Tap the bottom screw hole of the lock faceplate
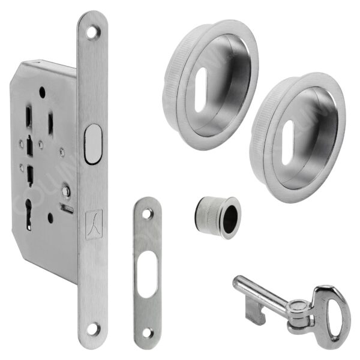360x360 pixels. (x=92, y=328)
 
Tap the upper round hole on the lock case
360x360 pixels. (x=41, y=93)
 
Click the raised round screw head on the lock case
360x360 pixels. (x=65, y=191)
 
